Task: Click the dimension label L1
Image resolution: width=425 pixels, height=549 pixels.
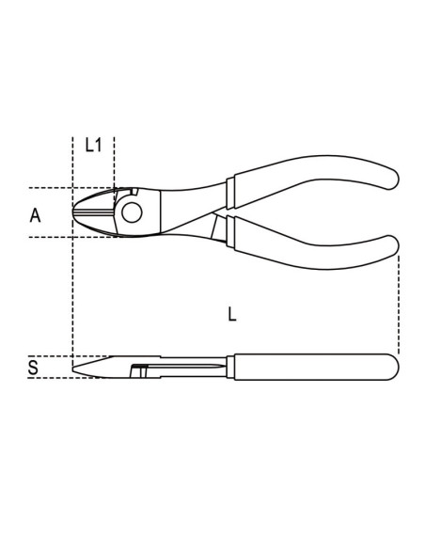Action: click(x=93, y=145)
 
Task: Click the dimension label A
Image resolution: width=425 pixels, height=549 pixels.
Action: click(x=35, y=215)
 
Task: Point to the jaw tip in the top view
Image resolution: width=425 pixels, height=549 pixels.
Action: click(x=76, y=211)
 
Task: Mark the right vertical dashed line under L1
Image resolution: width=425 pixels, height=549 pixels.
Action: click(x=114, y=160)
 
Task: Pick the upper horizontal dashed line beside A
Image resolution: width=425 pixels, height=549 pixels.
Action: click(x=47, y=185)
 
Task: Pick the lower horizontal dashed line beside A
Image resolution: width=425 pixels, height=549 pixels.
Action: click(x=47, y=237)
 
